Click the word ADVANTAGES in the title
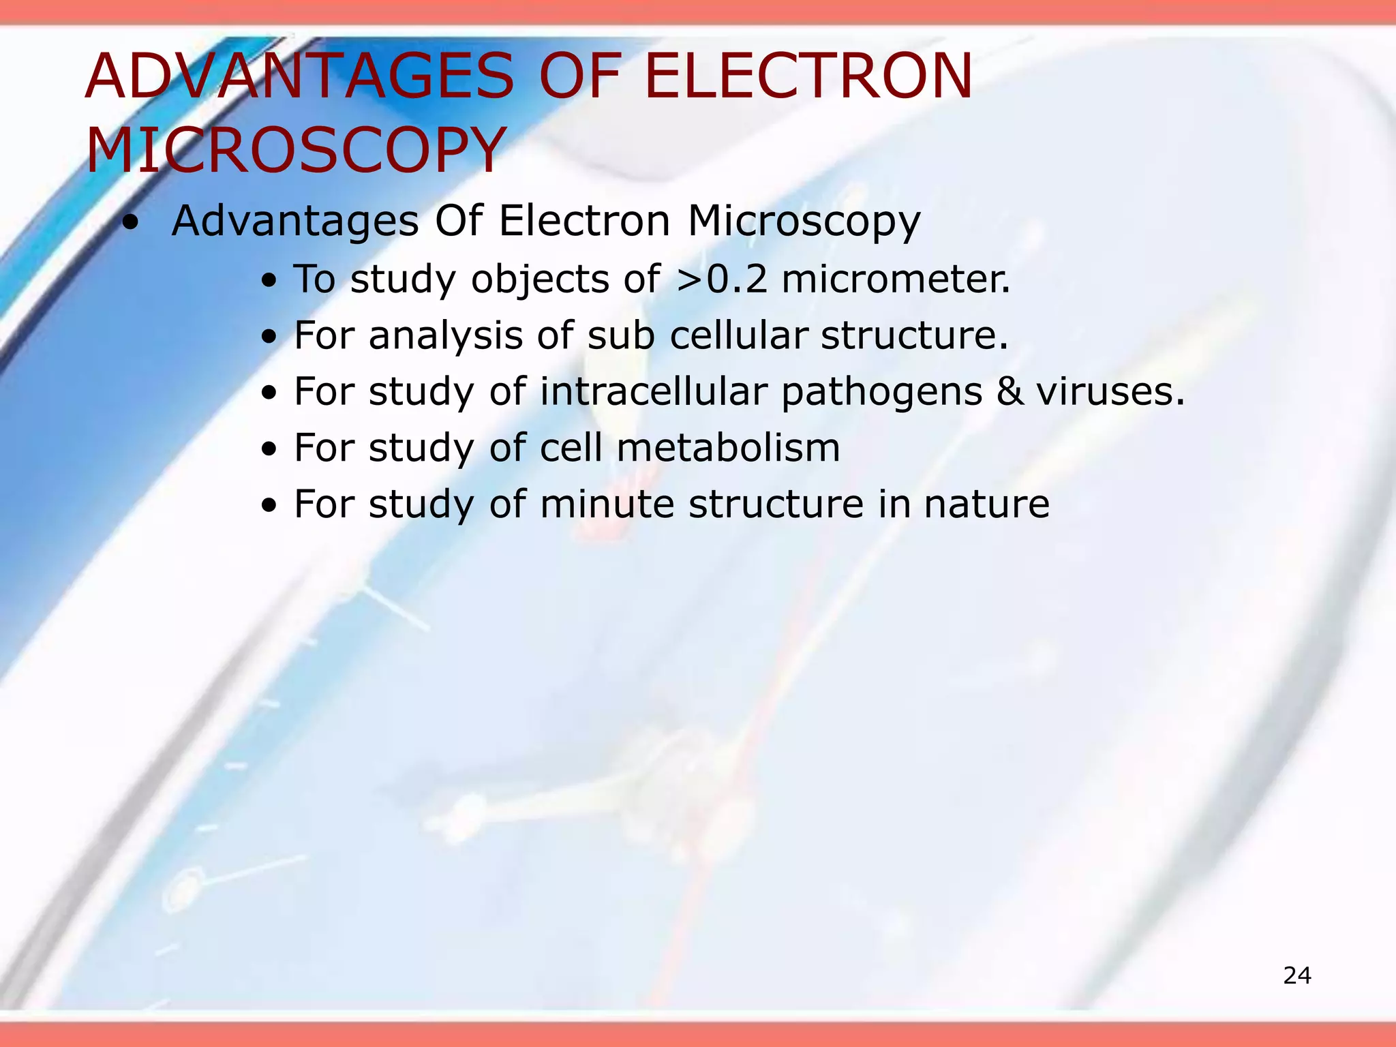tap(300, 76)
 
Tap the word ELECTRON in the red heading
tap(808, 76)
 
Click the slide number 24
tap(1296, 975)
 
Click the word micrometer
tap(896, 279)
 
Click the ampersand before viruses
tap(1010, 392)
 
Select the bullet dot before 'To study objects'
tap(271, 281)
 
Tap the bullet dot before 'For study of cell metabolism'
tap(271, 449)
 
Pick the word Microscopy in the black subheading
tap(804, 222)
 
